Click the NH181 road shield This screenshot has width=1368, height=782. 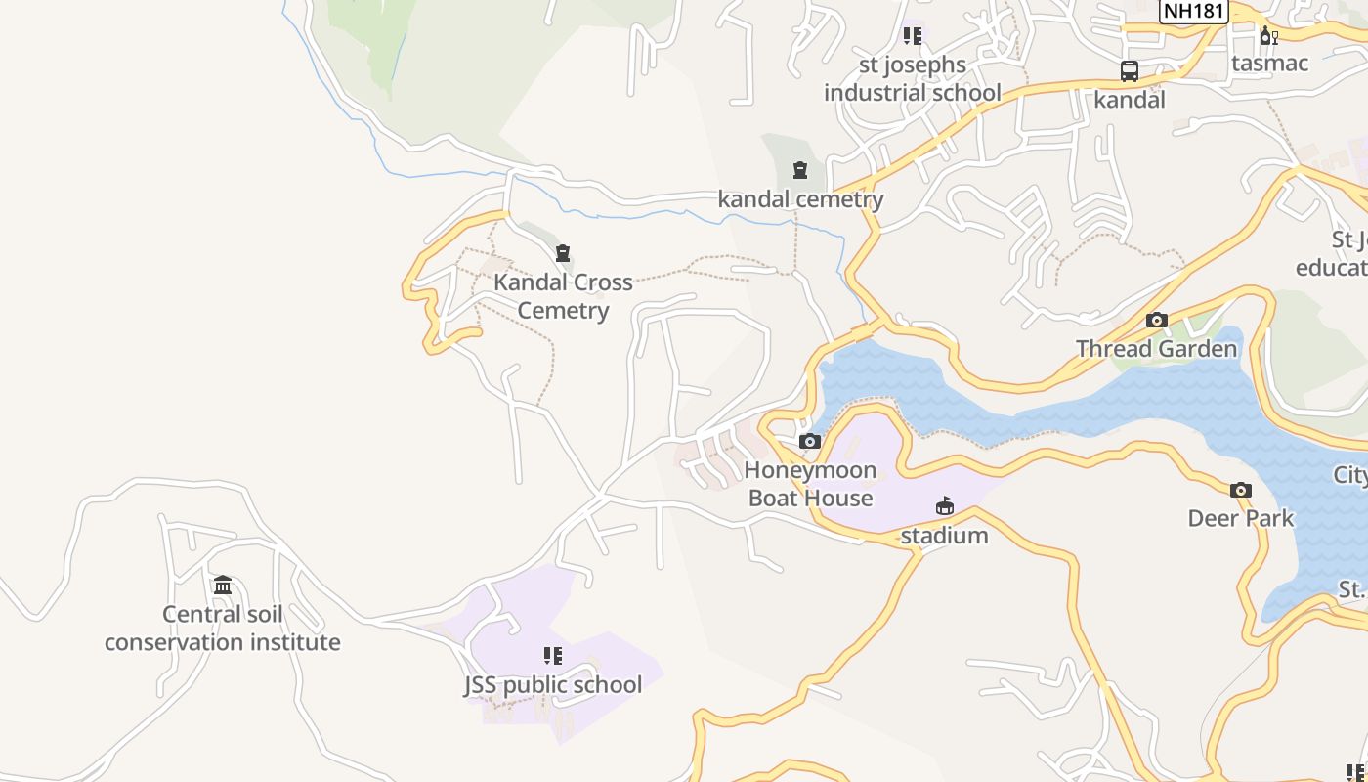1194,11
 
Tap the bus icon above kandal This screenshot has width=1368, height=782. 1130,71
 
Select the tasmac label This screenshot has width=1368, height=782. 1269,63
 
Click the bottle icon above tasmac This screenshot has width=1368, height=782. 1268,36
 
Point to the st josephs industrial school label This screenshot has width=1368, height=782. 912,79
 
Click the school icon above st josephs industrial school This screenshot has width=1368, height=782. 912,36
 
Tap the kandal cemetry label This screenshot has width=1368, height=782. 800,199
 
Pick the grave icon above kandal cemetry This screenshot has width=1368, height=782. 800,171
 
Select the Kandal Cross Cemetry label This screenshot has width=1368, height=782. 563,296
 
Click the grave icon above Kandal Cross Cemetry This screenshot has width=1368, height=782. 562,254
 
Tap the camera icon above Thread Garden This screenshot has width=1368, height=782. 1157,320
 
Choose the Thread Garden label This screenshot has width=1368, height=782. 1156,349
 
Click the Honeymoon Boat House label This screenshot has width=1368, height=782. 810,484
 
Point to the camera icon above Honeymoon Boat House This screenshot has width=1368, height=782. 809,441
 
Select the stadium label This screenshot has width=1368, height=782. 944,536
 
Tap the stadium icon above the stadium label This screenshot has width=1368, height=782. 944,506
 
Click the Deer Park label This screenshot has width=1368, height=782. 1240,518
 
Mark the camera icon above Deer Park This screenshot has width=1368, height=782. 1240,490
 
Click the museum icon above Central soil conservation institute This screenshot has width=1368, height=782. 223,585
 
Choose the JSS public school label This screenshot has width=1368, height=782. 553,685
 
